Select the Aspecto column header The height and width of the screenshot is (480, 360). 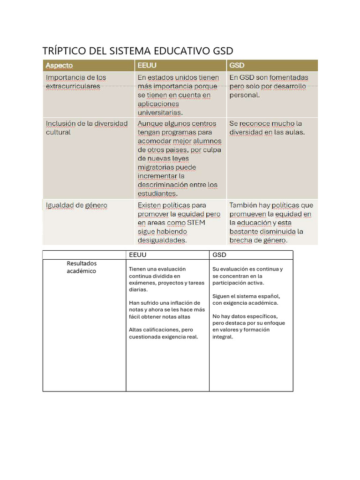tap(59, 66)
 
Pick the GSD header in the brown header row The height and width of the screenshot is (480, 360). tap(237, 66)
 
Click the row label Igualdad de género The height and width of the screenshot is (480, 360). tap(76, 205)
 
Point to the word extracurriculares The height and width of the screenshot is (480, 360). tap(73, 86)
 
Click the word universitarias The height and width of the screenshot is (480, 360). tap(160, 112)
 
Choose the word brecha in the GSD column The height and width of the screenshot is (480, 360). tap(240, 240)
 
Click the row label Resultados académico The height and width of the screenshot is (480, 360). tap(81, 267)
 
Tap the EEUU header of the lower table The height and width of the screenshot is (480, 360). tap(138, 255)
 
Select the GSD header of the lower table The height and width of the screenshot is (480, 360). tap(219, 255)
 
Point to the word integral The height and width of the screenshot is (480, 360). tap(222, 337)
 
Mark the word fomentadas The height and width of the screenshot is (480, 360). tap(288, 77)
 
